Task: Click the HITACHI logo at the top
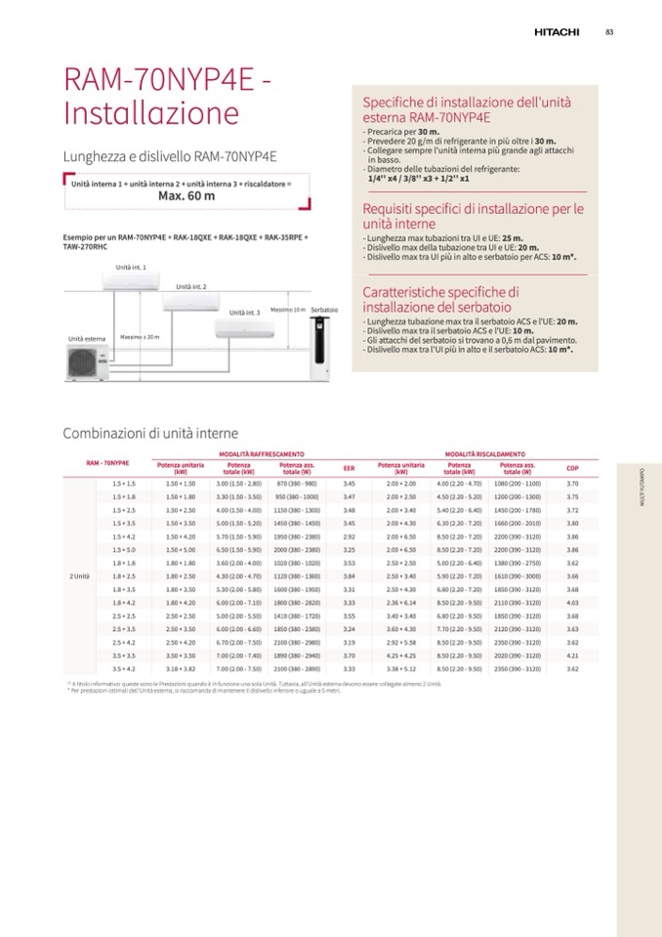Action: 557,32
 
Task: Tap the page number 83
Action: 609,32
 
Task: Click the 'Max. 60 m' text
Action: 186,195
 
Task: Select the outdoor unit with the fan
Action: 83,362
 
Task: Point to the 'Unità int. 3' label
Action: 244,312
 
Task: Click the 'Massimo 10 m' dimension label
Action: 288,309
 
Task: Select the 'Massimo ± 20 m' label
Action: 140,337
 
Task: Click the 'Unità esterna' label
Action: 87,339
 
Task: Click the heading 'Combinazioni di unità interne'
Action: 150,433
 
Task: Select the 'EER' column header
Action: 349,468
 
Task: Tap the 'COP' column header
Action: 572,468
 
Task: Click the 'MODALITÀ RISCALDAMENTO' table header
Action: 484,454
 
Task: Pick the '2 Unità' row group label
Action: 80,575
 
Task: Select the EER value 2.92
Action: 349,536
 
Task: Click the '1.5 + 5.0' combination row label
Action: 124,549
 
